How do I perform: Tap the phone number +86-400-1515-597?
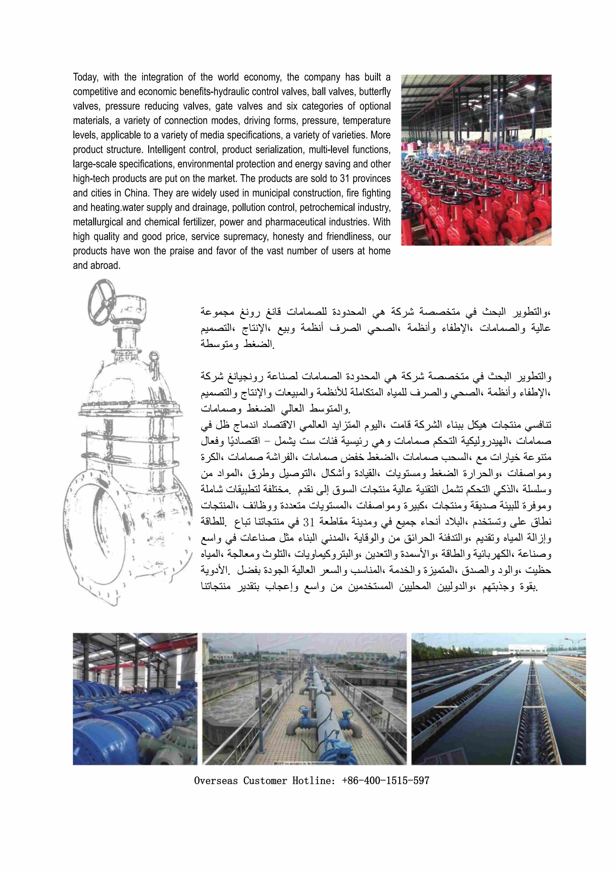click(x=385, y=781)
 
